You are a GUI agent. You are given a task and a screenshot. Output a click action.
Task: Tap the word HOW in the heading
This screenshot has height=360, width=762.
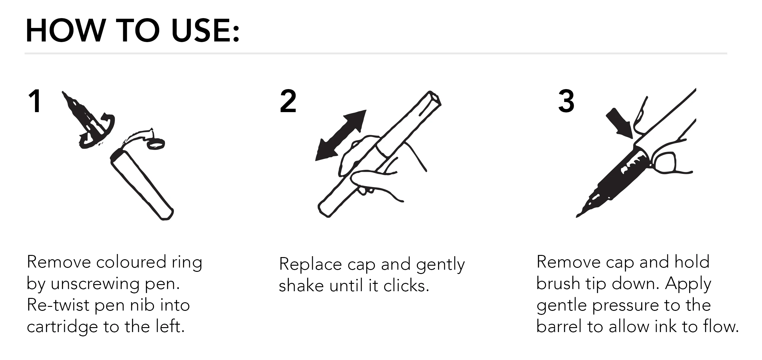click(65, 30)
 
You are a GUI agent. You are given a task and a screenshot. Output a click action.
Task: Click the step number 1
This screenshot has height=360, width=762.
click(35, 101)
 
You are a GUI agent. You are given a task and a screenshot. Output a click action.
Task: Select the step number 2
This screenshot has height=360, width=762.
click(288, 101)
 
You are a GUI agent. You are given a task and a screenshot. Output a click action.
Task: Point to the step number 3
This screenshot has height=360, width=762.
click(566, 101)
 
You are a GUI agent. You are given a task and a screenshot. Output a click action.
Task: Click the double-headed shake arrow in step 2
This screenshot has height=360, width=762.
click(341, 135)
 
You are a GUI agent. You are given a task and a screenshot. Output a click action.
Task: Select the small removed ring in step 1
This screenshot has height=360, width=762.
click(156, 144)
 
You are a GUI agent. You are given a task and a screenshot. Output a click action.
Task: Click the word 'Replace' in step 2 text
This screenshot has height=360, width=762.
click(310, 264)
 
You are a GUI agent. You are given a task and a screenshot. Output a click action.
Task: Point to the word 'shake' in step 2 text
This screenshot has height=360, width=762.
click(301, 286)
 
